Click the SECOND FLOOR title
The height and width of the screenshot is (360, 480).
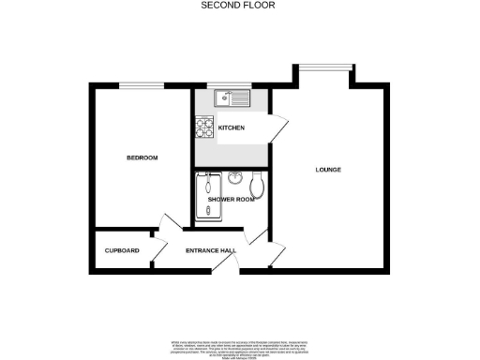click(239, 5)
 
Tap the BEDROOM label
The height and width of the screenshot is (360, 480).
click(142, 157)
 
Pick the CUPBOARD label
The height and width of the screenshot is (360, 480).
click(122, 250)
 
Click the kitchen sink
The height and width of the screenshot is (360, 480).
click(229, 97)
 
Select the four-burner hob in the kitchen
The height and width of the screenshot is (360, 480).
click(205, 126)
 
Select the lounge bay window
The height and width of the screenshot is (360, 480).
click(325, 66)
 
